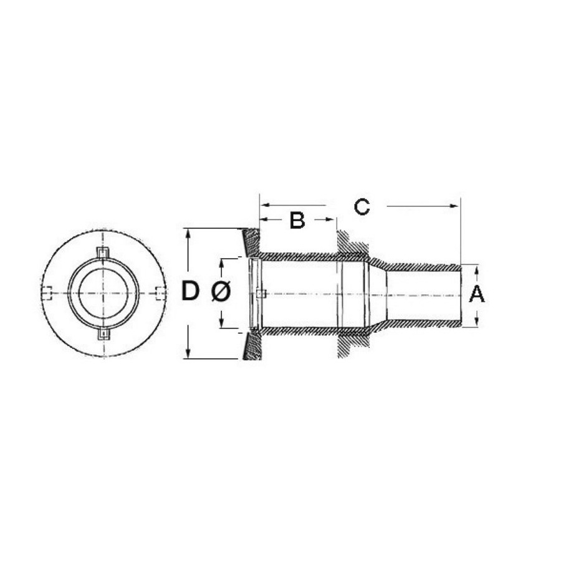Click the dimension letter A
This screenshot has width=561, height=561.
pos(477,295)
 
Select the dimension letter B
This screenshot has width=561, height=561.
pos(297,221)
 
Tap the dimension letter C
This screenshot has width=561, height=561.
pos(362,207)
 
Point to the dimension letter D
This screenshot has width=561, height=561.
pos(190,291)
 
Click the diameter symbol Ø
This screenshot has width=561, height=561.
pos(221,291)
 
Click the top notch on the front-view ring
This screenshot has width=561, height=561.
pos(103,252)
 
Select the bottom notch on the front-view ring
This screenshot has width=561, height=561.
pos(103,334)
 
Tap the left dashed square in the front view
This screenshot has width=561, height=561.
pos(47,293)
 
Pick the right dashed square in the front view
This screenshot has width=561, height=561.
pos(160,293)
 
